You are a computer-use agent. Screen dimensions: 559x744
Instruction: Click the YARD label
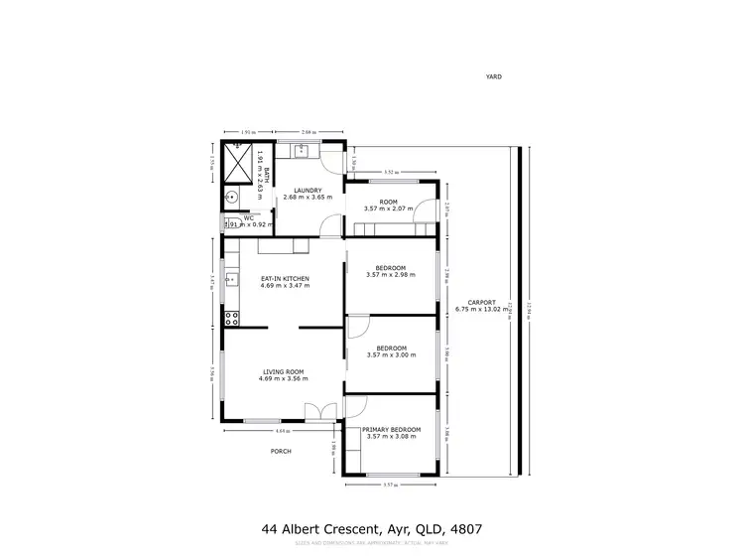click(x=493, y=75)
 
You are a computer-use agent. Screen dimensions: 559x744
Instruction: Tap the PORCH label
click(x=281, y=451)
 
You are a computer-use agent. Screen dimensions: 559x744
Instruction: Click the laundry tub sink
click(x=304, y=151)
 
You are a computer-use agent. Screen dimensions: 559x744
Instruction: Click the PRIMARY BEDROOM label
click(x=392, y=429)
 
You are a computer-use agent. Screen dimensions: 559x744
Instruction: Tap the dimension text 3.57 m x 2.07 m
click(x=387, y=210)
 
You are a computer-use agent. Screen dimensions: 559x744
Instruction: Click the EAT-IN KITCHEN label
click(x=285, y=278)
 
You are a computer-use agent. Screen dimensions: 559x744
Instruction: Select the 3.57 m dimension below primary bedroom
click(x=389, y=485)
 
